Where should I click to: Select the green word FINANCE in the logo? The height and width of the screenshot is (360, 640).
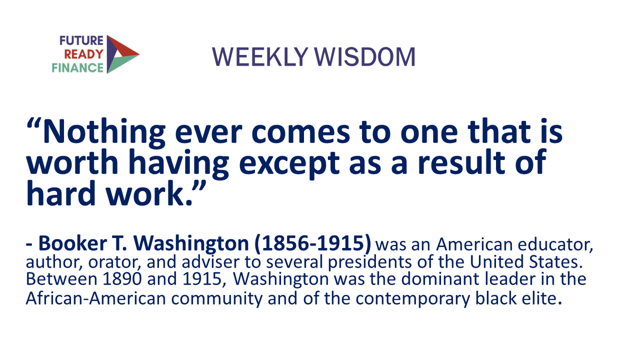(78, 68)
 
